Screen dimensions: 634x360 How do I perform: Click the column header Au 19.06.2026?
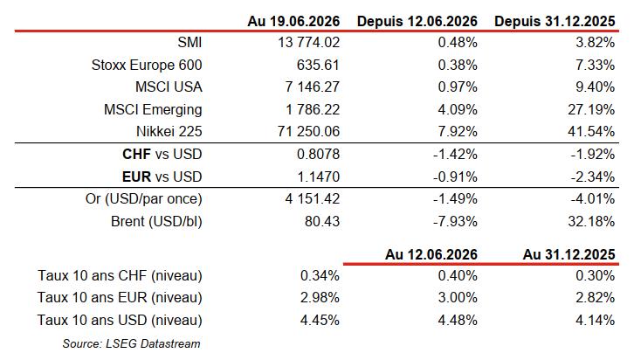click(293, 21)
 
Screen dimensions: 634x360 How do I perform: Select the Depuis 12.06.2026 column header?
click(417, 21)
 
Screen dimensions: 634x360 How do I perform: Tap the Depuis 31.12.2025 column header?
click(555, 21)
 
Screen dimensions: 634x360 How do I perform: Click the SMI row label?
click(190, 43)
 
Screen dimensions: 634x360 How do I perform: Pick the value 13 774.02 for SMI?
click(308, 43)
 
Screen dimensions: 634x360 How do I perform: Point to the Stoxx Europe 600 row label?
click(147, 65)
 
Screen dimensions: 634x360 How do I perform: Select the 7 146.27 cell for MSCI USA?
click(312, 87)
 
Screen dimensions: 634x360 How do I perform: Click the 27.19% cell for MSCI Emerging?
click(591, 109)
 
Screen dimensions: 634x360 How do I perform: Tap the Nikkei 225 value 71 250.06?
click(308, 131)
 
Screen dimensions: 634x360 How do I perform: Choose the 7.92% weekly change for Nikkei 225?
click(458, 131)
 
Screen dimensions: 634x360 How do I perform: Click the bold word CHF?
click(136, 154)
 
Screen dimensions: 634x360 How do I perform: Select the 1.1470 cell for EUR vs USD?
click(318, 177)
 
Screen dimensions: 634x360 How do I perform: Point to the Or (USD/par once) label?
click(143, 199)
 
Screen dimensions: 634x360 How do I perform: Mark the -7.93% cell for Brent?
click(455, 222)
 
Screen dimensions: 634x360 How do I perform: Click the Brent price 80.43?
click(322, 222)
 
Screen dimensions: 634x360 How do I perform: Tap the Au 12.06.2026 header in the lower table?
click(431, 254)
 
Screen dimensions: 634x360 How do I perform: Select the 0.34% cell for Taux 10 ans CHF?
click(320, 276)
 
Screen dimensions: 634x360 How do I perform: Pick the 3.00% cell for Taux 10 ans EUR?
click(458, 298)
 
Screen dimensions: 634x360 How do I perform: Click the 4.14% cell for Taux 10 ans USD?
click(596, 321)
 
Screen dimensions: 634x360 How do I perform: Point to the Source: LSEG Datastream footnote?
click(131, 343)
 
